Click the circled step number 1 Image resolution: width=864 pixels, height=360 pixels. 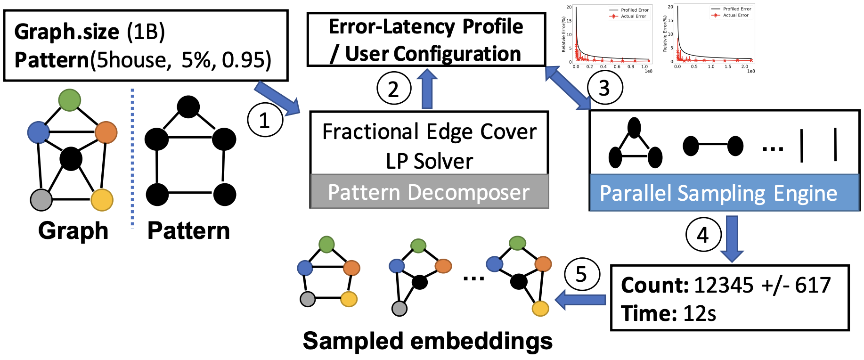[x=265, y=120]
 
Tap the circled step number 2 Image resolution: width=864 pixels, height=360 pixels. [x=394, y=89]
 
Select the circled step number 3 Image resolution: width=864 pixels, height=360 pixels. [x=605, y=88]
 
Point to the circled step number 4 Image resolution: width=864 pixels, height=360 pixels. [x=703, y=235]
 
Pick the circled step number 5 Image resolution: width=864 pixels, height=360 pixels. [x=582, y=274]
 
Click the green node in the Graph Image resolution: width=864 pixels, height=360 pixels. [x=70, y=100]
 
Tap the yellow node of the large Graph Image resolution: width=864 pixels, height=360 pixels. [x=102, y=200]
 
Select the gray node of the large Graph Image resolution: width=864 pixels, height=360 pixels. [x=41, y=200]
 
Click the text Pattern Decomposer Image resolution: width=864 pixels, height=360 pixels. [x=429, y=192]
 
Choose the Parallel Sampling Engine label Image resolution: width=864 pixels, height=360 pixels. [x=718, y=194]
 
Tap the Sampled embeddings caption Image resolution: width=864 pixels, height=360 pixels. [x=428, y=341]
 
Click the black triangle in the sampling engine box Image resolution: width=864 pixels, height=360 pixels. [x=635, y=144]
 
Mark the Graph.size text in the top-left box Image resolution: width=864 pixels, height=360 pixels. [x=66, y=32]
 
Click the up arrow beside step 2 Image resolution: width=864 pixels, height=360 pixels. [x=427, y=88]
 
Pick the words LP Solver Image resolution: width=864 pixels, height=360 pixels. [x=429, y=162]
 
